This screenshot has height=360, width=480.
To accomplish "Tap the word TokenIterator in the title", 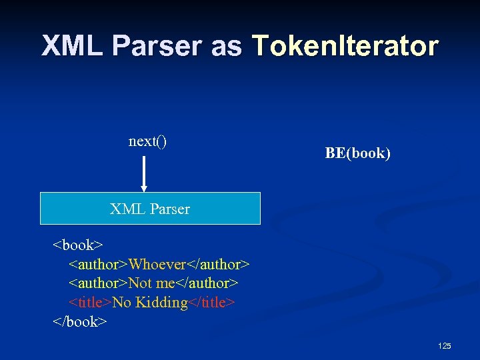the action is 345,46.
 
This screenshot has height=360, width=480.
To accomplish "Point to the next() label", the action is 147,141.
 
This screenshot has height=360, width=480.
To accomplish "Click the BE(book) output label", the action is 357,153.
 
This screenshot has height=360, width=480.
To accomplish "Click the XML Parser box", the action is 150,209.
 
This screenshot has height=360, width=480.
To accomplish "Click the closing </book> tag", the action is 79,321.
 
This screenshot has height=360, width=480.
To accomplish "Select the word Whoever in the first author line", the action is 157,265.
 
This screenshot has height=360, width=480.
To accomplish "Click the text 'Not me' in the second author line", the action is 151,283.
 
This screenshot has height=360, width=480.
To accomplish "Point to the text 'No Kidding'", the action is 150,303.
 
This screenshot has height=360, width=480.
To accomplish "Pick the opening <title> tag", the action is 91,303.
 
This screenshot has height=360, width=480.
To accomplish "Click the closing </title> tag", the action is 211,303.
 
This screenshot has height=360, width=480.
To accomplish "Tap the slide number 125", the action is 445,345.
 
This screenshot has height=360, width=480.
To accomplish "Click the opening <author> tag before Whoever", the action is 99,265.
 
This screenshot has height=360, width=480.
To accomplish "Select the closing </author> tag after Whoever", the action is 218,265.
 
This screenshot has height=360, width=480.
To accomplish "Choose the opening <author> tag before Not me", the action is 99,283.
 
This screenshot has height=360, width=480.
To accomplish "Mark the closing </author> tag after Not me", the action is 206,283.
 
